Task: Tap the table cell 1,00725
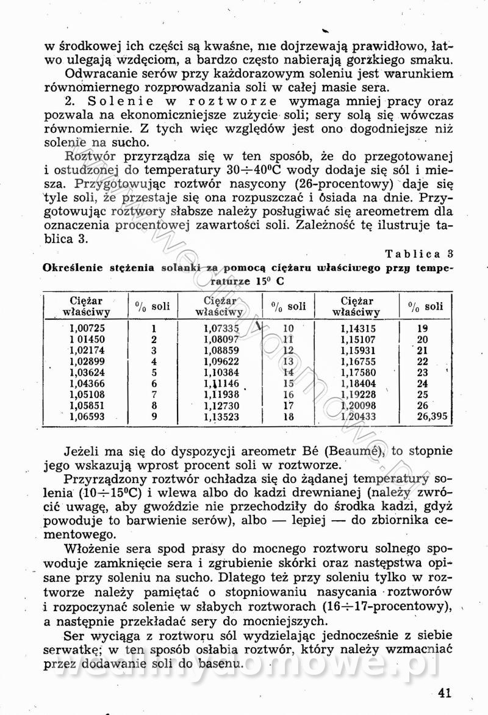pyautogui.click(x=87, y=328)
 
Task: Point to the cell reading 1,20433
pyautogui.click(x=360, y=416)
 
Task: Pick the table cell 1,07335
pyautogui.click(x=221, y=328)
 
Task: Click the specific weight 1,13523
pyautogui.click(x=221, y=416)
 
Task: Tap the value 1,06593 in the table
pyautogui.click(x=87, y=416)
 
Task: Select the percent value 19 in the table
pyautogui.click(x=422, y=328)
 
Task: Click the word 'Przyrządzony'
pyautogui.click(x=107, y=478)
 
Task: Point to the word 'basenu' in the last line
pyautogui.click(x=218, y=663)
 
